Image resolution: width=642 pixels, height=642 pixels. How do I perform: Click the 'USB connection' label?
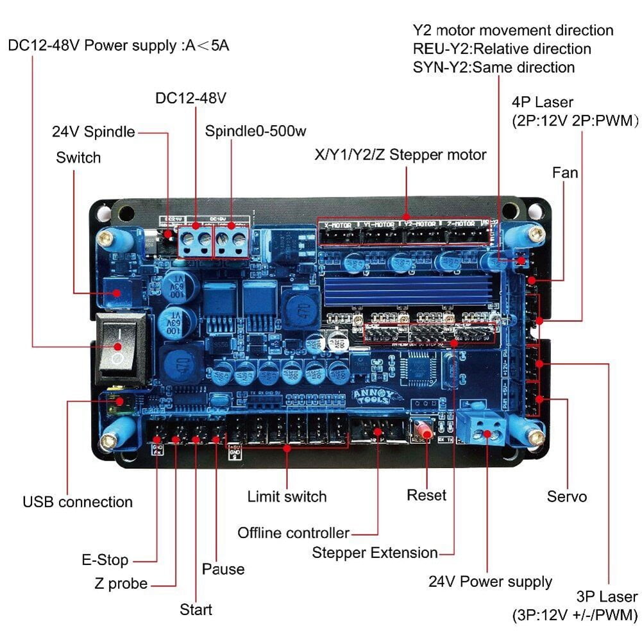tap(78, 502)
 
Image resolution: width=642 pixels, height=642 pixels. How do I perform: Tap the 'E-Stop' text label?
tap(105, 560)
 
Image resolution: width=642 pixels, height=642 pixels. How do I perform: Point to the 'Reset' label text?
tap(427, 495)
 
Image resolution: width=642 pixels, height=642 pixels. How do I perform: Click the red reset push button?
tap(424, 431)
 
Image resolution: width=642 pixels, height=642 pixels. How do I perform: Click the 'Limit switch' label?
tap(287, 496)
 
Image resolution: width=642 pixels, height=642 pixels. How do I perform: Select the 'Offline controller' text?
tap(293, 533)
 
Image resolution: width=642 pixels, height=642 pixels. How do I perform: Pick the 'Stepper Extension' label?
tap(375, 552)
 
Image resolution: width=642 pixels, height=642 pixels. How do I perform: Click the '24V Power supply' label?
tap(490, 582)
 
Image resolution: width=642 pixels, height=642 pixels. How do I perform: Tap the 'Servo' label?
tap(567, 496)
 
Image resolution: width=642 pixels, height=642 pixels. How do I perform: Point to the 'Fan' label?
tap(565, 173)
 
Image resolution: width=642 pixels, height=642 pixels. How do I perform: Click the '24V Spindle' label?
tap(94, 132)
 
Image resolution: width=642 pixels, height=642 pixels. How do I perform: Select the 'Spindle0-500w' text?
tap(255, 131)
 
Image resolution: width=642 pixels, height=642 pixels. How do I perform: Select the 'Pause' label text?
tap(223, 569)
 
